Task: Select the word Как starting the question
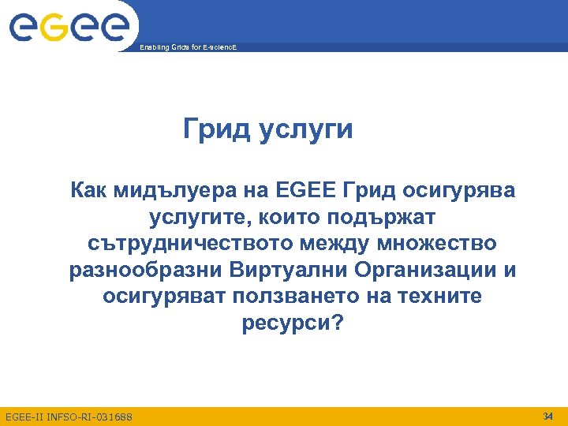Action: coord(90,190)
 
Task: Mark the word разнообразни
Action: coord(147,271)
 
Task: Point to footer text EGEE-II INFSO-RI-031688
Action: coord(69,416)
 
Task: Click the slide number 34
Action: coord(548,415)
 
